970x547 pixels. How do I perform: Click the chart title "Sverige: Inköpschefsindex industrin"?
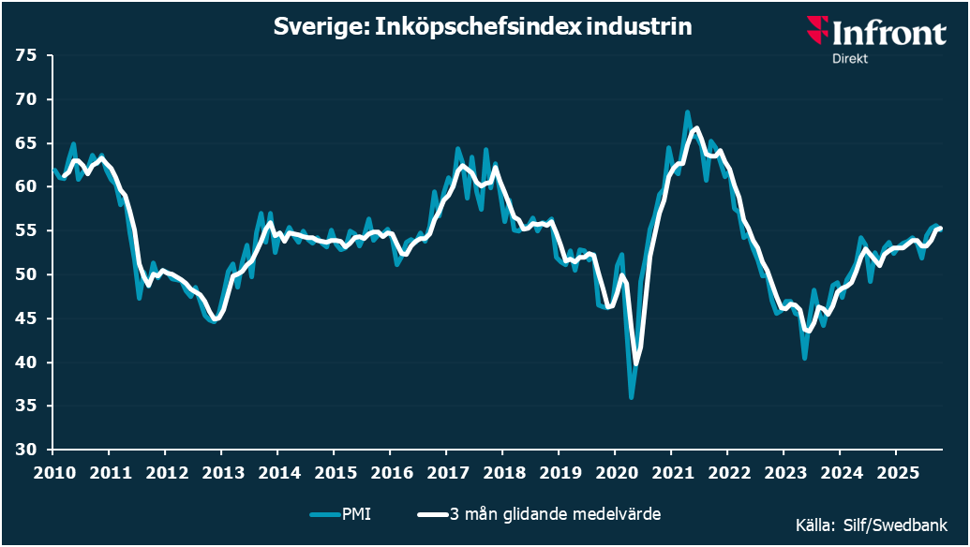(483, 27)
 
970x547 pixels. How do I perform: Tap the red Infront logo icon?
(818, 31)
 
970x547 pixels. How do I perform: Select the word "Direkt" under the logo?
(850, 59)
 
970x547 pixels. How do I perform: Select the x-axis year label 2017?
(447, 471)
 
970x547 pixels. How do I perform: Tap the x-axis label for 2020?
(616, 471)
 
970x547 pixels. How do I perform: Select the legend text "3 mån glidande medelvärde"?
(559, 514)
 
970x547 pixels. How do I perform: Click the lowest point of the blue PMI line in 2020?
(632, 398)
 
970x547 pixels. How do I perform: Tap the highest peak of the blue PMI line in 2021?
(687, 111)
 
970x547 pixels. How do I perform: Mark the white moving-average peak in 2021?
(696, 127)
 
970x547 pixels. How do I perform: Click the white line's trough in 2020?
(636, 364)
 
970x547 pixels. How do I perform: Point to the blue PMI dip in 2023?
(804, 358)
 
